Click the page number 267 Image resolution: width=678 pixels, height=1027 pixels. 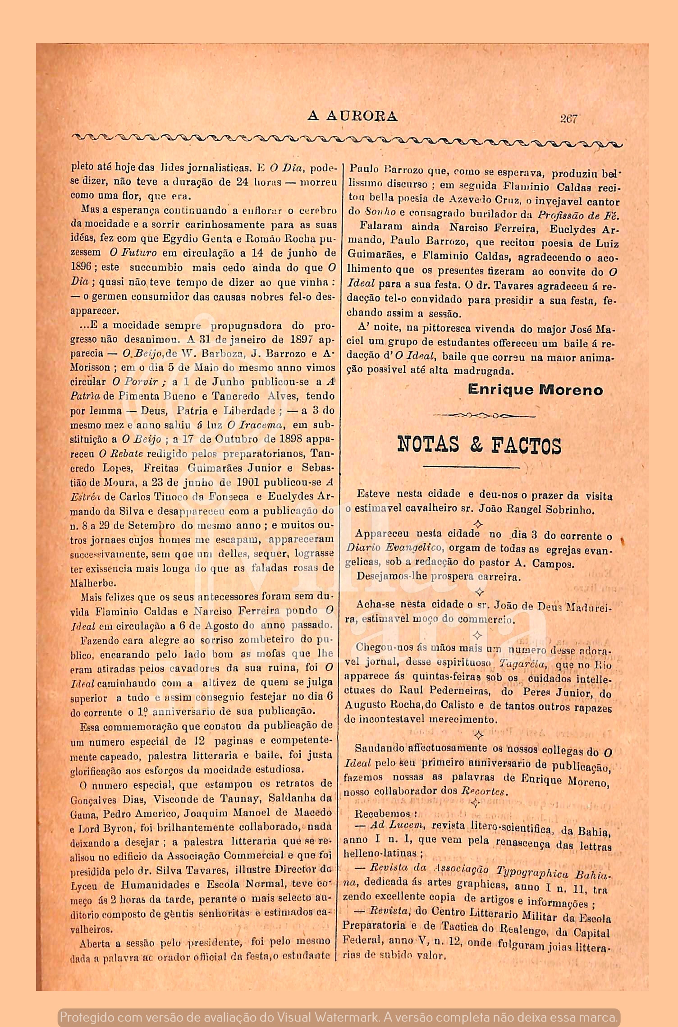[x=568, y=119]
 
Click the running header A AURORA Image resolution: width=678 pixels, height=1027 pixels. [x=352, y=117]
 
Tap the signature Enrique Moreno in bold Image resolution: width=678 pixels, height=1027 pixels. [x=535, y=390]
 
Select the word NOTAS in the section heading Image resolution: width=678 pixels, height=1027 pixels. [x=428, y=445]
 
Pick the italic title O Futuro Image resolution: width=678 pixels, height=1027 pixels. [x=133, y=253]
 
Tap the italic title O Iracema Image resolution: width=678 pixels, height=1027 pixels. [x=255, y=425]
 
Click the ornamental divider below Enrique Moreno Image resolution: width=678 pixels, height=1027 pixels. [x=484, y=415]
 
